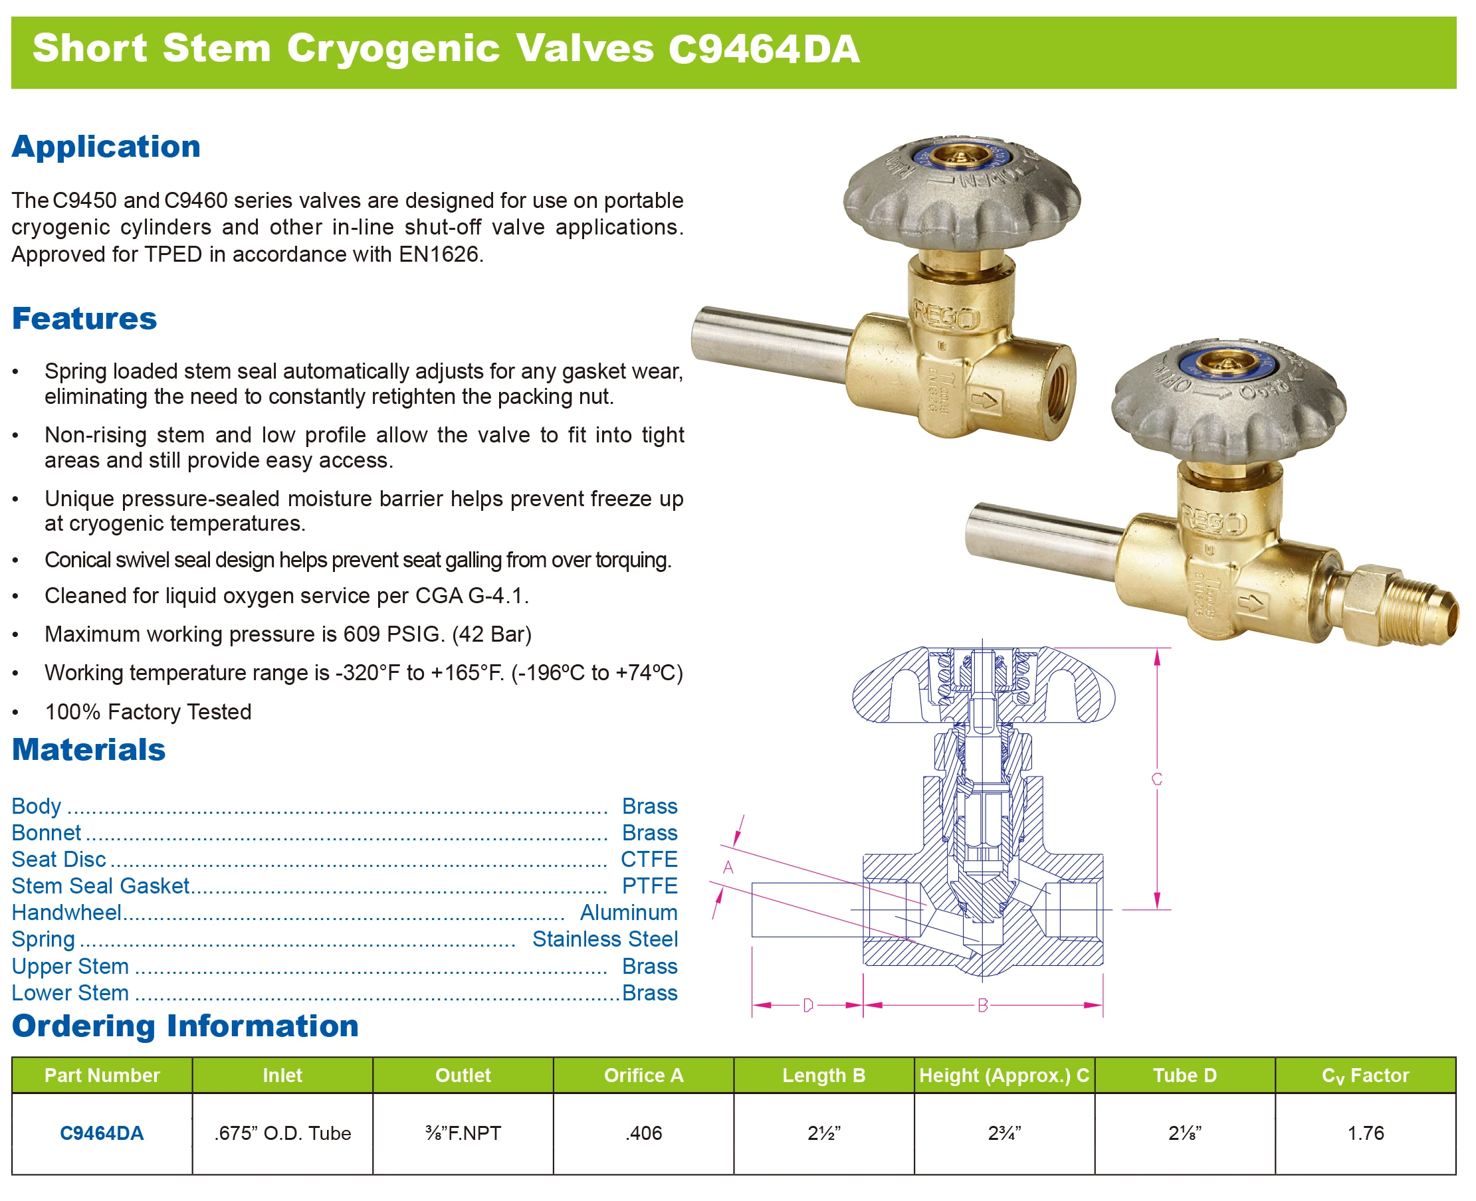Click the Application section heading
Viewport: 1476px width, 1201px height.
click(106, 147)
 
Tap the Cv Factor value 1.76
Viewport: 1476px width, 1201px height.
click(1364, 1133)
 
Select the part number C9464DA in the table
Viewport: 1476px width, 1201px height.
click(102, 1133)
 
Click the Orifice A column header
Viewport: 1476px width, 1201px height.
click(643, 1075)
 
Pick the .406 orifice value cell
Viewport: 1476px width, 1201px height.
click(643, 1133)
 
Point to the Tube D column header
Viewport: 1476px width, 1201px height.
click(1184, 1075)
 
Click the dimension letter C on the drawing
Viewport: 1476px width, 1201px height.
click(1156, 779)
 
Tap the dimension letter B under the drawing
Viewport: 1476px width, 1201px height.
click(983, 1005)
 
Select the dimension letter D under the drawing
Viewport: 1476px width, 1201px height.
click(807, 1005)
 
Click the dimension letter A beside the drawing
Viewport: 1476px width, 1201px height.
click(728, 867)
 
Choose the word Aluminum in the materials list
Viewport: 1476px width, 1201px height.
click(628, 913)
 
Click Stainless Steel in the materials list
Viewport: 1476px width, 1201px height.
click(605, 939)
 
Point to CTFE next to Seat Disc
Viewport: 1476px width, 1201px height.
click(649, 860)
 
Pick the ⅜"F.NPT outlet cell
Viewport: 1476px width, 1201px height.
click(463, 1133)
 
